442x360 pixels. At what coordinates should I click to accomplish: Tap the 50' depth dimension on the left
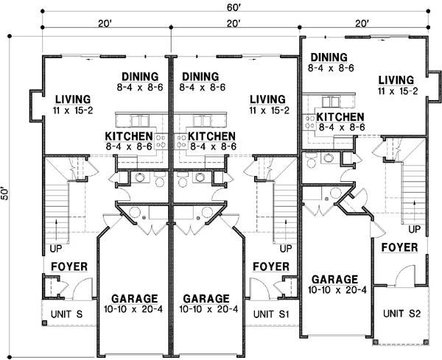point(5,193)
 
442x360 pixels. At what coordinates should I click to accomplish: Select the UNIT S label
point(66,314)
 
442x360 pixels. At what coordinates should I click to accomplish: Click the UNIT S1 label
point(271,314)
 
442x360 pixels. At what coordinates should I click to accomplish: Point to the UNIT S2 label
point(401,313)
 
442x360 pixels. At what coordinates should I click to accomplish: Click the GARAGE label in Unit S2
point(335,280)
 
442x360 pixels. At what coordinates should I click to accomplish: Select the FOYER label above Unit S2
point(399,247)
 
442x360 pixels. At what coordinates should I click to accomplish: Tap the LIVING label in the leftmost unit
point(73,99)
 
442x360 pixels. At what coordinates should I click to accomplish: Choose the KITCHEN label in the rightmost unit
point(340,117)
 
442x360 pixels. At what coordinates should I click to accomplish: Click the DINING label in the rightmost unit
point(329,57)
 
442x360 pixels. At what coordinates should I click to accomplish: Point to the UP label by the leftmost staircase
point(56,249)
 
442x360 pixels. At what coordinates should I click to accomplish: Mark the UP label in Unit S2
point(414,229)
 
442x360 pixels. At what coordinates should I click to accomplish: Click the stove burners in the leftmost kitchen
point(161,141)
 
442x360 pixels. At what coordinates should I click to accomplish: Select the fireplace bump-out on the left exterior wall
point(36,105)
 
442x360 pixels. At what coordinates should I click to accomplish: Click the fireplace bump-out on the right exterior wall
point(434,85)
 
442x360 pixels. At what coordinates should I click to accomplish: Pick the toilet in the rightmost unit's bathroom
point(311,160)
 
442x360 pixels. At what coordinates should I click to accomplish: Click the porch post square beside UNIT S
point(44,322)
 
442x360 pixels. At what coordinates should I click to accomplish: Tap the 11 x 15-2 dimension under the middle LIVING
point(270,110)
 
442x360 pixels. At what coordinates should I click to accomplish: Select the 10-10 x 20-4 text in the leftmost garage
point(133,309)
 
